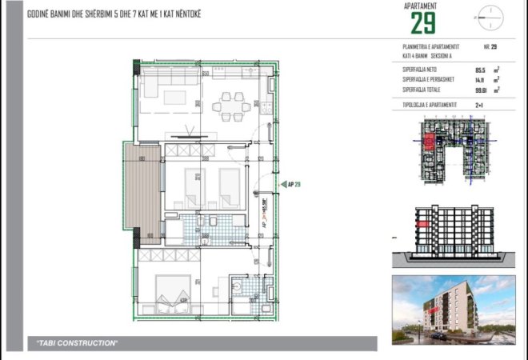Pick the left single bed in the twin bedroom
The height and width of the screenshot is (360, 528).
click(194, 186)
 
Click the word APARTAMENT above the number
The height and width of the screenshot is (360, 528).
click(422, 6)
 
